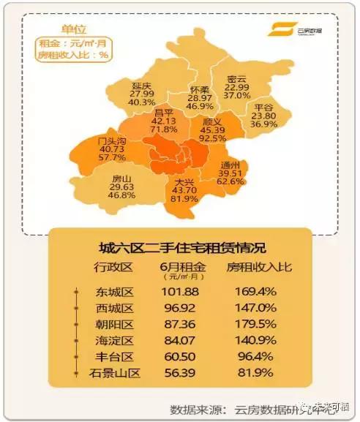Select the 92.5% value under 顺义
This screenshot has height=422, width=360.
coord(211,137)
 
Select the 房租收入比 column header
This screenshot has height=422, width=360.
coord(259,266)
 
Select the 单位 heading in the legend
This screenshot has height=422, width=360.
coord(72,29)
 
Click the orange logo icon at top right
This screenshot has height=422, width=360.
coord(278,30)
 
